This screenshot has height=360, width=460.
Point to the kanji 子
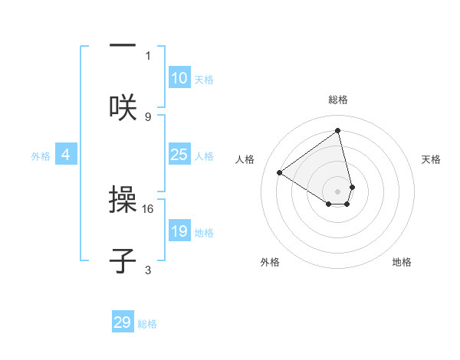123,260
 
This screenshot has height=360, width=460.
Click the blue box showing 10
179,78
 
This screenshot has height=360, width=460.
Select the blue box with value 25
179,155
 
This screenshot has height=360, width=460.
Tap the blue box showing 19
179,231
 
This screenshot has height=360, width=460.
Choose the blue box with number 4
66,155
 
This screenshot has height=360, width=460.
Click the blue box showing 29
123,322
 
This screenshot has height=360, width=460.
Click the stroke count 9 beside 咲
148,116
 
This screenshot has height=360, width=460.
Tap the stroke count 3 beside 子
148,270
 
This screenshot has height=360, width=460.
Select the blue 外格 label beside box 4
41,156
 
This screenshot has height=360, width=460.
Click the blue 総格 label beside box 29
147,324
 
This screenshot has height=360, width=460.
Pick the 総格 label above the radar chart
338,100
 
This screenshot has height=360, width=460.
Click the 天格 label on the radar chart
431,159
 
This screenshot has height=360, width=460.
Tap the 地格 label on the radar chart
402,262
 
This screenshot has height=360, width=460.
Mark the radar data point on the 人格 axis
280,172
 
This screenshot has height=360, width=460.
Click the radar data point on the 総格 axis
338,131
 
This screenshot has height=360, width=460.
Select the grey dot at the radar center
338,191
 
